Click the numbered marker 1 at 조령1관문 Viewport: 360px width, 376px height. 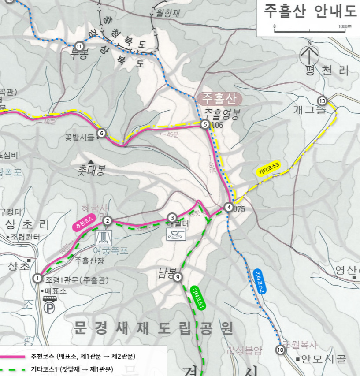(x=38, y=278)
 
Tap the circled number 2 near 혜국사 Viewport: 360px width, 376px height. (x=107, y=221)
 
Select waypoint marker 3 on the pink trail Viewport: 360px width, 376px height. (x=172, y=217)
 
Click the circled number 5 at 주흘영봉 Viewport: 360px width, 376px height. (x=205, y=125)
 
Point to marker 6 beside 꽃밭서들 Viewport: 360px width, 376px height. (x=101, y=133)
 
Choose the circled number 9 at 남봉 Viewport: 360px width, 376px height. (x=177, y=277)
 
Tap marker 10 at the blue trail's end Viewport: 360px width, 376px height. (x=280, y=350)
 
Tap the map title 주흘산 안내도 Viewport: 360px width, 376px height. (x=310, y=11)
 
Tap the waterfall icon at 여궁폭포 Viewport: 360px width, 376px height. (x=104, y=238)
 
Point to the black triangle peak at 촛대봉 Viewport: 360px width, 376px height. (x=91, y=162)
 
